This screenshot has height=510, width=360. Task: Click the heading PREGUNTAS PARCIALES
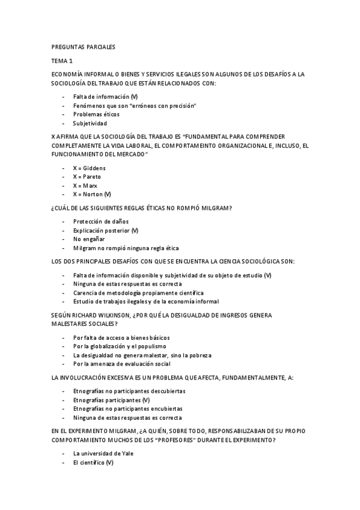coord(83,46)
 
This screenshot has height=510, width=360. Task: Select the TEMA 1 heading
coord(62,61)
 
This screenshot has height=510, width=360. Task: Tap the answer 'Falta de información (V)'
coord(105,96)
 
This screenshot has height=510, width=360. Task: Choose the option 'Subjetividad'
coord(90,123)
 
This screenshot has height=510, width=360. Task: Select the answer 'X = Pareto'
coord(87,177)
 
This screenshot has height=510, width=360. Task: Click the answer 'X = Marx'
coord(85,186)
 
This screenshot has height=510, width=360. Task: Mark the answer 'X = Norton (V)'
coord(92,194)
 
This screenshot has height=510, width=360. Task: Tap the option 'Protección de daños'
coord(101,221)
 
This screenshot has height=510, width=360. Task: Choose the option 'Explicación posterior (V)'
coord(106,230)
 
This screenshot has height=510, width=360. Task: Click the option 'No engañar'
coord(89,239)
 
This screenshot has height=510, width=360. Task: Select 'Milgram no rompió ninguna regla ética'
coord(126,248)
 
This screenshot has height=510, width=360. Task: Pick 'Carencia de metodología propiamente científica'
coord(138,292)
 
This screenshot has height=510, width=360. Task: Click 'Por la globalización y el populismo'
coord(123,346)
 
